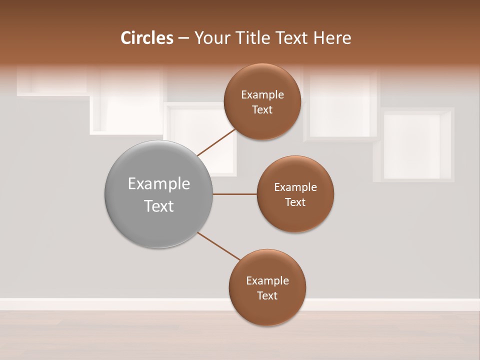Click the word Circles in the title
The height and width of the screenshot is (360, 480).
tap(146, 38)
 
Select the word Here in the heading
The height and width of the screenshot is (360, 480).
tap(332, 38)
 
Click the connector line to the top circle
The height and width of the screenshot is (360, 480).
tap(216, 142)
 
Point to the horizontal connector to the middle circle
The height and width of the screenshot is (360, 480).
tap(234, 194)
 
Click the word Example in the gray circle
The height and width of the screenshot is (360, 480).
tap(159, 183)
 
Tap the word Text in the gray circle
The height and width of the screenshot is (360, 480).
tap(159, 206)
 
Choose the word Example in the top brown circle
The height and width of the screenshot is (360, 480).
tap(262, 94)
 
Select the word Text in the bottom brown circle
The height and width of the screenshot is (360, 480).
tap(267, 295)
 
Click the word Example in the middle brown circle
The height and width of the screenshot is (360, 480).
tap(295, 187)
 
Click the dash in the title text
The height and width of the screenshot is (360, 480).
tap(183, 38)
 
